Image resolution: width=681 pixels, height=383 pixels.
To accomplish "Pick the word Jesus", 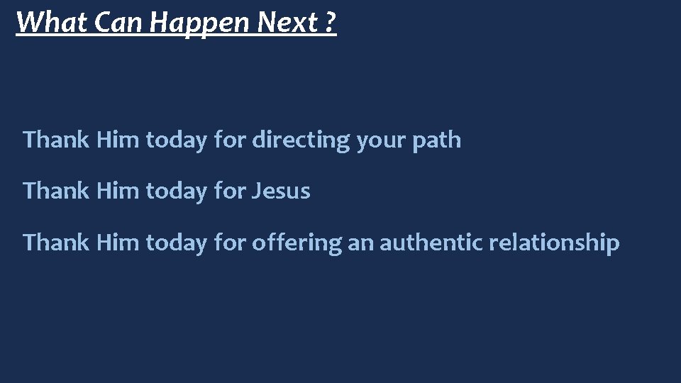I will tap(281, 191).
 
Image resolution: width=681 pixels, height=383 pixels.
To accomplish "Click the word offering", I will tap(297, 243).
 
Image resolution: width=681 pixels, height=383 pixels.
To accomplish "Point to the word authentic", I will tap(428, 243).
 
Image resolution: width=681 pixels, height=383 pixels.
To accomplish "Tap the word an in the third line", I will tap(361, 243).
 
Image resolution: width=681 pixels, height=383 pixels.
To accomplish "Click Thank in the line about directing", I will tap(57, 140).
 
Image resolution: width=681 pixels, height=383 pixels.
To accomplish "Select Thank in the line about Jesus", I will tap(57, 191).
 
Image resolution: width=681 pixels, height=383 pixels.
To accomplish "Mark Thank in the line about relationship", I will tap(57, 243).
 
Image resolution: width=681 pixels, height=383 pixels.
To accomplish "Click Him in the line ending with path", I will tap(118, 140).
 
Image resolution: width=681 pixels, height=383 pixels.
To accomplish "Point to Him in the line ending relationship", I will tap(118, 243).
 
